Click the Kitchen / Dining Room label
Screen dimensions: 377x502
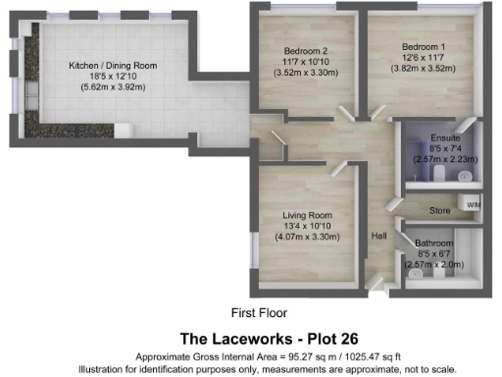[x=112, y=66]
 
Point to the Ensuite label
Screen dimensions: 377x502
[x=444, y=138]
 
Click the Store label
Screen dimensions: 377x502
[x=439, y=208]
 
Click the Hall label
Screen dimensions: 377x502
[x=380, y=236]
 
